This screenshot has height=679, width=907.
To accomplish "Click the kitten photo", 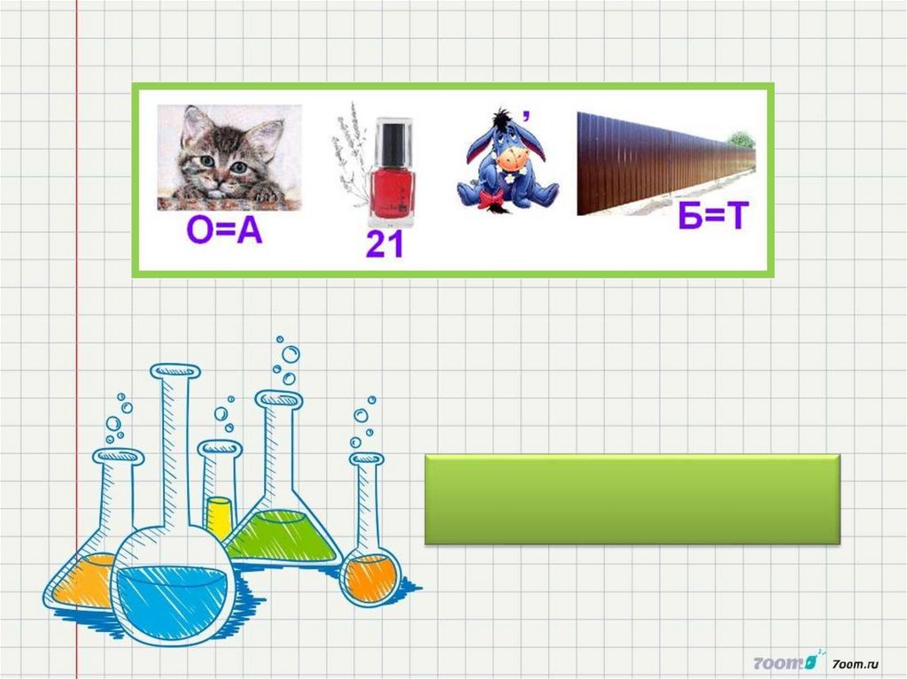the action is [x=229, y=158].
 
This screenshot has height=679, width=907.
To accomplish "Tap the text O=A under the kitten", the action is [x=224, y=231].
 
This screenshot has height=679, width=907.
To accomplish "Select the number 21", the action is [x=384, y=244].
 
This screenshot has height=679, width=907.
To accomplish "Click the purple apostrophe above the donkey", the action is [x=525, y=115].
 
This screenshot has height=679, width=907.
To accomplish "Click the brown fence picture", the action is [x=666, y=163].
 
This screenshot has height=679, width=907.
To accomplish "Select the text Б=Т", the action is [x=713, y=215].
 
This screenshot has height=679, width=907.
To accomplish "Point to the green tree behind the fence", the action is [x=741, y=139].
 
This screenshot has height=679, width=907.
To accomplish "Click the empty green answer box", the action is [x=632, y=499].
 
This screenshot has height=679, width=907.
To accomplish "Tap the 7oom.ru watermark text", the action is [x=856, y=665].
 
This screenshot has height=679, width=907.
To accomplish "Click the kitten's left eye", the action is [x=207, y=160].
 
